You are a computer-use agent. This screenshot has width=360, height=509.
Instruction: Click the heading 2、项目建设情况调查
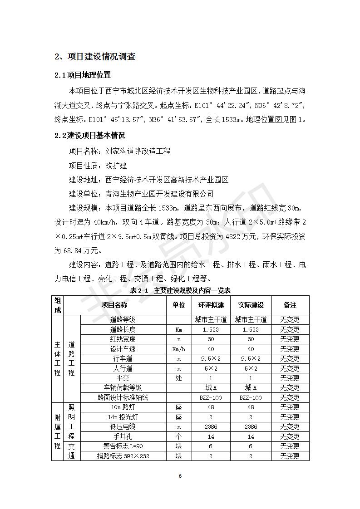95,57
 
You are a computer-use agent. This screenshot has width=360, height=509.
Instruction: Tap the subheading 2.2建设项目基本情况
90,135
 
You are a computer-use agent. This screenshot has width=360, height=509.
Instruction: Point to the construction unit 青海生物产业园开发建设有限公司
159,194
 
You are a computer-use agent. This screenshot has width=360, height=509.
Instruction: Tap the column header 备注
290,305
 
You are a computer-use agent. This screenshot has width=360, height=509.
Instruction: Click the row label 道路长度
123,330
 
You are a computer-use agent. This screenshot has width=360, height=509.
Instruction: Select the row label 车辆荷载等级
123,388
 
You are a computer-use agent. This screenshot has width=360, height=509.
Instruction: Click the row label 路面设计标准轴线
123,397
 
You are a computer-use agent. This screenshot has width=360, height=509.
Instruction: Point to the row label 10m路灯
123,407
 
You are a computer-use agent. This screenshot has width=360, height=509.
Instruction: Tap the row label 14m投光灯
123,417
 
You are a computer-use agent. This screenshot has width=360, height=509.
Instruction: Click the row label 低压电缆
123,427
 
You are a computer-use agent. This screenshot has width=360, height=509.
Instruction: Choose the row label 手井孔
123,436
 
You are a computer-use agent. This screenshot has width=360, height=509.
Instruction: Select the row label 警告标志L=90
123,446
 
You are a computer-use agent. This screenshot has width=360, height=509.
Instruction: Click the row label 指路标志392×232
123,456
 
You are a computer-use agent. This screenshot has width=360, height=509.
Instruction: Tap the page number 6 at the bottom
180,476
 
